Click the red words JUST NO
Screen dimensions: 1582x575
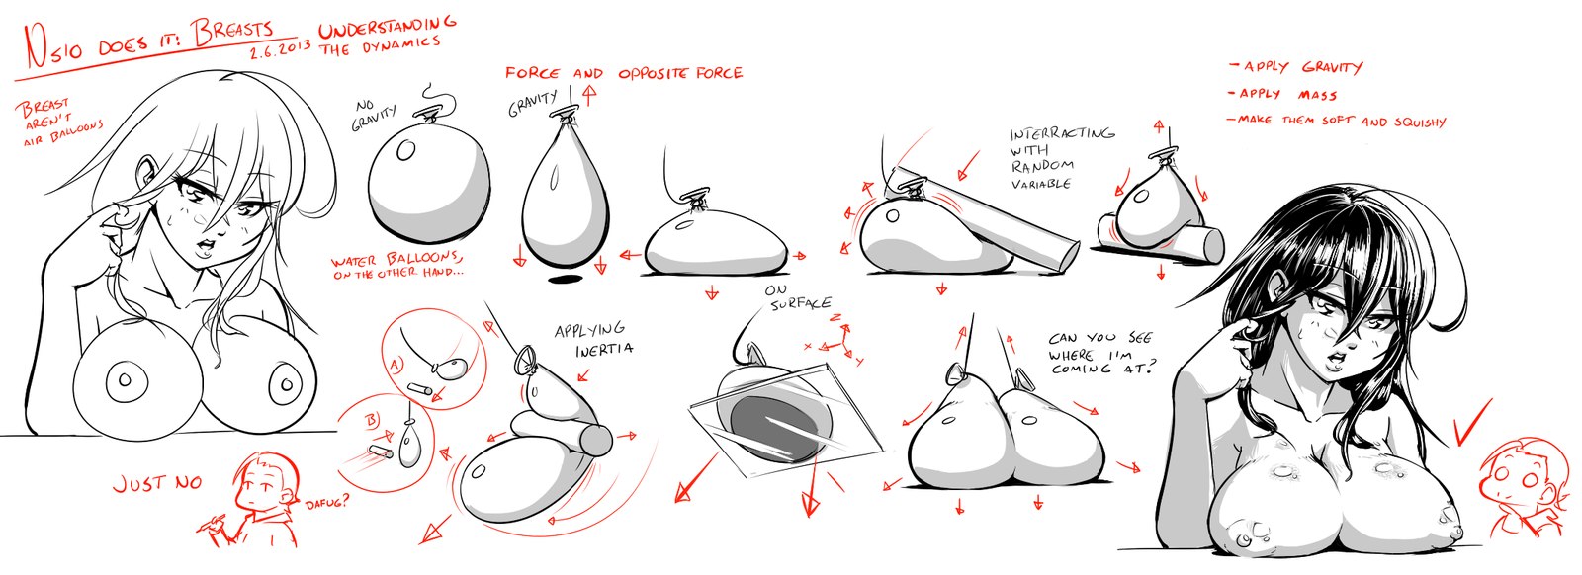click(157, 483)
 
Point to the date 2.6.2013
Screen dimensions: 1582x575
click(280, 50)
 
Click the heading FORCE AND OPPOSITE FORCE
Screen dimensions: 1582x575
click(624, 73)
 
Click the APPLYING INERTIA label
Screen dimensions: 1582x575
click(593, 339)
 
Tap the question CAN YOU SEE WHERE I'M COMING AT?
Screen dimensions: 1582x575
click(1099, 353)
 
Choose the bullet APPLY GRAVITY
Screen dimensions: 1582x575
click(1296, 68)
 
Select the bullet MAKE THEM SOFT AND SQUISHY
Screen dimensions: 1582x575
click(1338, 121)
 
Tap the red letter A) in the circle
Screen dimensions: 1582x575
click(396, 364)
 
